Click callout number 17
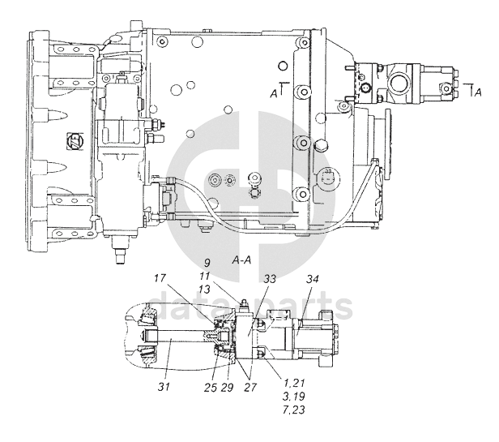(x=160, y=278)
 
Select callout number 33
(x=270, y=279)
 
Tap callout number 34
(x=312, y=279)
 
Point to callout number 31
(x=164, y=387)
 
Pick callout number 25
(x=211, y=388)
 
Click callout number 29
(x=227, y=388)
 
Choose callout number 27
(x=250, y=388)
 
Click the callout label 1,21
(x=294, y=383)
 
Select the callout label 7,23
(x=294, y=410)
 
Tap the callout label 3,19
(x=294, y=396)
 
